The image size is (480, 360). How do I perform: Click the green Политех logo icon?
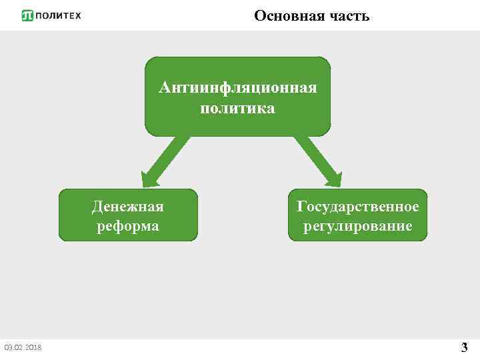click(x=27, y=15)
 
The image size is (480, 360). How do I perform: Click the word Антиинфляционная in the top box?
click(x=237, y=88)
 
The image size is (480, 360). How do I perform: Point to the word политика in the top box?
click(x=237, y=108)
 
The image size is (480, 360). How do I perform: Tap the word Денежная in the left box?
click(x=128, y=207)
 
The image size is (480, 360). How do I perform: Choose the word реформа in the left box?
click(x=128, y=226)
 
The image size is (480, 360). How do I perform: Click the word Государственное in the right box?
click(x=358, y=207)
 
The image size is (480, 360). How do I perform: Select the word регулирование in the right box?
click(x=358, y=226)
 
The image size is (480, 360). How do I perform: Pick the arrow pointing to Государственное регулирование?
click(x=315, y=159)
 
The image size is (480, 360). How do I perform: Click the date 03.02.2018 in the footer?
click(x=23, y=347)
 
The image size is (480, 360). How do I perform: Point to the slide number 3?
click(x=464, y=347)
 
